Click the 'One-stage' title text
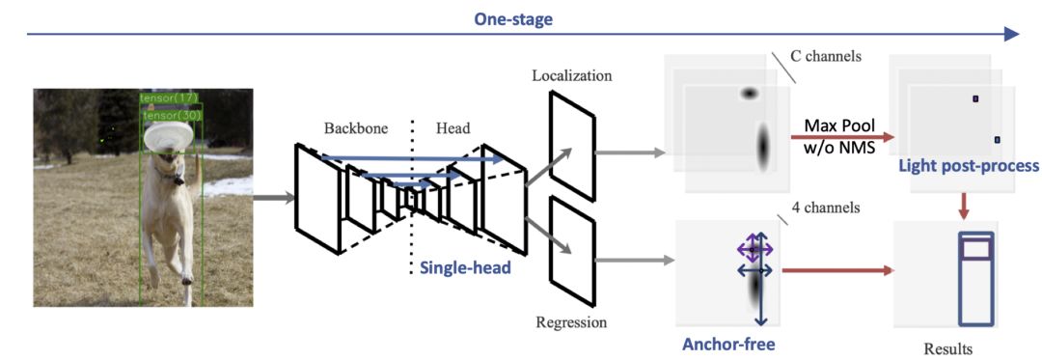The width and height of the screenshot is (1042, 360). pos(513,20)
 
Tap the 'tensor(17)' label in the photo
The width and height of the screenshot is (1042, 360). pos(170,98)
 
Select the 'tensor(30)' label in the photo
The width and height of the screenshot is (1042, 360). pos(173,115)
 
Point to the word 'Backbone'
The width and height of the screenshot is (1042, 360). pos(355,129)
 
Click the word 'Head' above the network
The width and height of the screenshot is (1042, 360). pos(452,129)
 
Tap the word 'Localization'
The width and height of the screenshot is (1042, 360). pos(572,75)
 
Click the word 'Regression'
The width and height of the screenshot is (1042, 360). pos(571,323)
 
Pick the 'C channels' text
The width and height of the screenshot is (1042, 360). pos(825,56)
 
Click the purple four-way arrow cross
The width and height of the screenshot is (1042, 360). pos(754,250)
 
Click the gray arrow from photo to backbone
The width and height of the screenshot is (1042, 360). pos(273,197)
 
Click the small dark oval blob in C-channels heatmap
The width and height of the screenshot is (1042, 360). pos(749,94)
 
